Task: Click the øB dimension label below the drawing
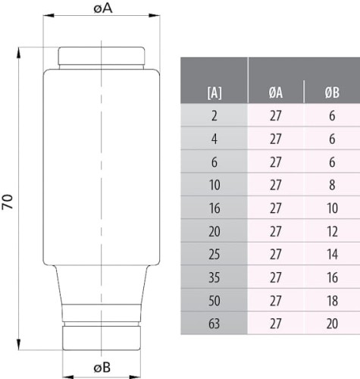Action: (102, 368)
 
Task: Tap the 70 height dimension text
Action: (8, 202)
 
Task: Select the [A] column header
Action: (214, 94)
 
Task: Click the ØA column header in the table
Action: (276, 94)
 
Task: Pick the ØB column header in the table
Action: (332, 94)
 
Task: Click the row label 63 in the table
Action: (214, 324)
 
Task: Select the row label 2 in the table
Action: (214, 117)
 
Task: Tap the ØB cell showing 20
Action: (332, 324)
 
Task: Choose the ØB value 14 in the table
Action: (332, 255)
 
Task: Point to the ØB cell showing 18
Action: (332, 302)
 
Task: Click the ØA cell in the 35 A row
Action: (276, 278)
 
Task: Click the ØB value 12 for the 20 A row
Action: (332, 232)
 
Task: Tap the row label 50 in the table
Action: (214, 302)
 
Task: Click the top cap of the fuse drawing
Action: (102, 57)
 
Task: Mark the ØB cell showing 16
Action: (332, 278)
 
